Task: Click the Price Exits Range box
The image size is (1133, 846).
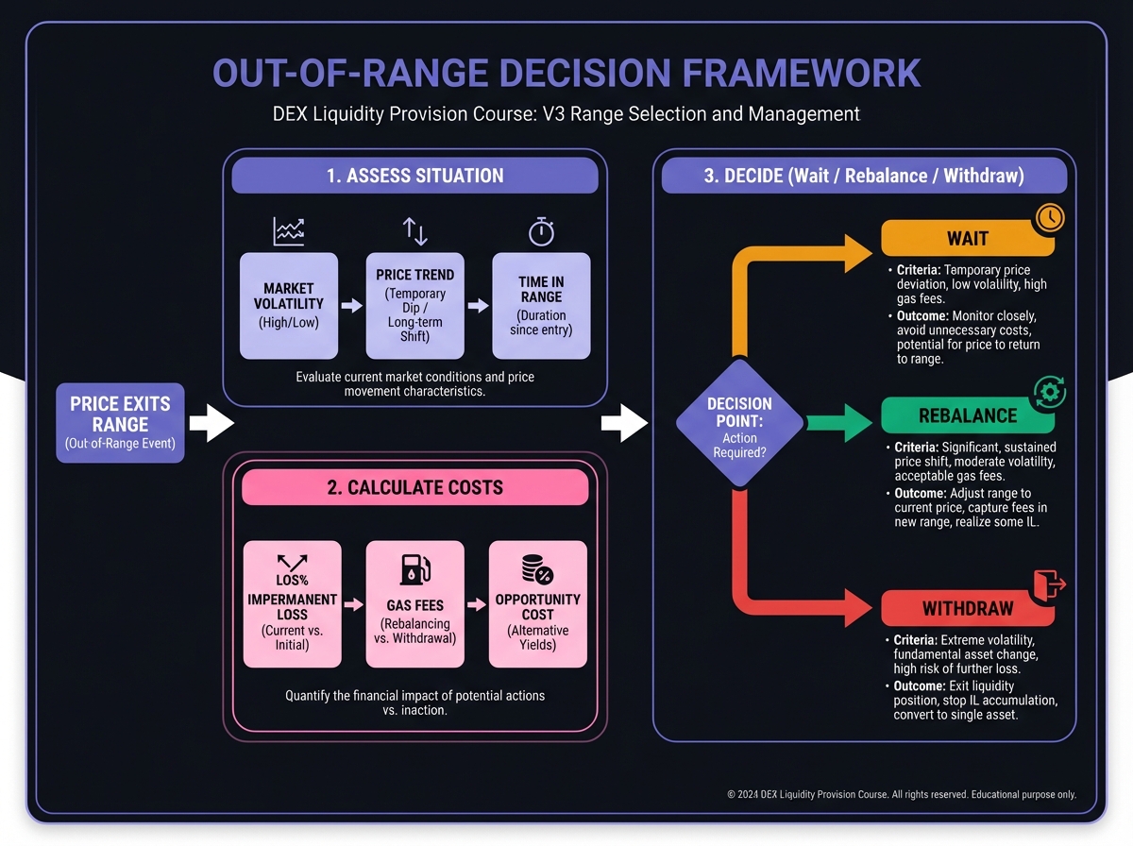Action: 120,423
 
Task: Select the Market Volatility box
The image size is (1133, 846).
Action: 289,306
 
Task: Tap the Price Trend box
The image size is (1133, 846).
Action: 414,306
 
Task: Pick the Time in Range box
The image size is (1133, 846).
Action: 542,306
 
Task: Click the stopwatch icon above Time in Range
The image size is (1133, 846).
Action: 541,231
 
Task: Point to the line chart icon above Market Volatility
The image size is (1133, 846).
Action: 289,231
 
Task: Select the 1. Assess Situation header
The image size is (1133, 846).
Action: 414,176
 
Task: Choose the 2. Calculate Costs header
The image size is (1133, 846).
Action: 414,487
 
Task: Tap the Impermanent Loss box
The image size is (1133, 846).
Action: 292,604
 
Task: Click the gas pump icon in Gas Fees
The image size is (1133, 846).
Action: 415,569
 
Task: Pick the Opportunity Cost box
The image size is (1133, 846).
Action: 537,604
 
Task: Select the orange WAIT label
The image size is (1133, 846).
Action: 967,239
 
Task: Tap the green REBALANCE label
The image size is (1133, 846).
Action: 967,415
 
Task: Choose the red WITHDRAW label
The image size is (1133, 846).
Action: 967,608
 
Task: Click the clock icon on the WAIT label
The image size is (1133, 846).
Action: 1049,217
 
